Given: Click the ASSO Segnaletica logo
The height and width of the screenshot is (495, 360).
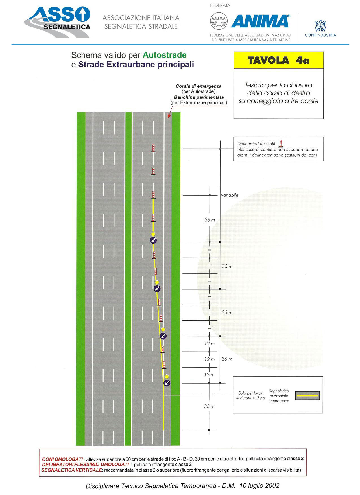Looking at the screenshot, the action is (x=57, y=22).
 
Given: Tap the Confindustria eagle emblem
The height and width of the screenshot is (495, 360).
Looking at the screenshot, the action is (x=320, y=26).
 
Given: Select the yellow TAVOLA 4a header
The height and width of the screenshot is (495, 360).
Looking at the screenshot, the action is (x=278, y=60).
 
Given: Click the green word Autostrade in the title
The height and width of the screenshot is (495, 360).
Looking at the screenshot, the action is (x=165, y=55).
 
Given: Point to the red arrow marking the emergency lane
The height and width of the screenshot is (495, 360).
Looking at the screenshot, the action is (x=169, y=116).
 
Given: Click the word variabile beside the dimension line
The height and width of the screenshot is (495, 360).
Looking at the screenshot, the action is (x=230, y=195).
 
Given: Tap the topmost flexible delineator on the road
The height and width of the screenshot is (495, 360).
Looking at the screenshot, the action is (x=153, y=148).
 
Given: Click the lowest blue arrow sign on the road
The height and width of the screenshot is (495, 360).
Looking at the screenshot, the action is (x=167, y=383).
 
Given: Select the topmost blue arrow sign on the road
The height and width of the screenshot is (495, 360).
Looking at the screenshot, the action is (x=153, y=240).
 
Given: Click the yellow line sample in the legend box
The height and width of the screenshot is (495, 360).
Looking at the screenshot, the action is (x=307, y=395).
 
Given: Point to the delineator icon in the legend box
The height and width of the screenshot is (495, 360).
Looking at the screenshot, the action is (x=281, y=144).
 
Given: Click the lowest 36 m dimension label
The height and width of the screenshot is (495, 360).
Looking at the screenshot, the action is (x=209, y=406).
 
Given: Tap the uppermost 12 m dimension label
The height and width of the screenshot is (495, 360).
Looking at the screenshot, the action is (x=210, y=344).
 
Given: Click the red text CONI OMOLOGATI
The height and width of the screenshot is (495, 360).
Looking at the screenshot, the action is (x=62, y=459).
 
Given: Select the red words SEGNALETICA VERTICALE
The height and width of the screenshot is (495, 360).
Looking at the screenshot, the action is (x=71, y=470).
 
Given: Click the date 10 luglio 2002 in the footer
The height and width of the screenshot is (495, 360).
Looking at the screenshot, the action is (x=259, y=485).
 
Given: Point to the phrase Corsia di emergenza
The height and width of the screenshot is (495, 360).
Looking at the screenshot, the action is (x=198, y=86).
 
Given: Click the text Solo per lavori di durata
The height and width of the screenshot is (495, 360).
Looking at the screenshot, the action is (x=251, y=396).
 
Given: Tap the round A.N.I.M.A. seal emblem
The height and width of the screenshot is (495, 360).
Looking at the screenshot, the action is (x=219, y=21).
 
